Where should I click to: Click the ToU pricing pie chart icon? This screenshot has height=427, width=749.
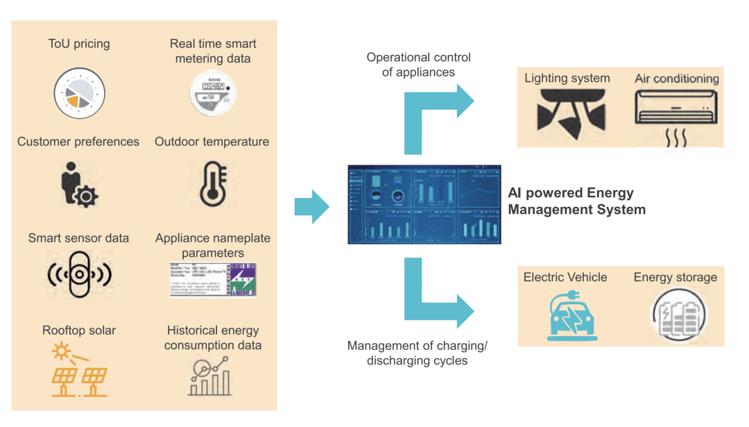click(x=79, y=94)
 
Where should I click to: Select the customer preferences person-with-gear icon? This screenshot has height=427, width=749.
click(x=78, y=185)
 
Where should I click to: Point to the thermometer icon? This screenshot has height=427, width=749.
click(x=212, y=184)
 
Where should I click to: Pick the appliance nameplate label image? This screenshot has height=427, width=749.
click(x=213, y=279)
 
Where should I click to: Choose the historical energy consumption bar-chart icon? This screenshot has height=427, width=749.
click(x=213, y=375)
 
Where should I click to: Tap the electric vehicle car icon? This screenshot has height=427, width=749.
click(x=567, y=315)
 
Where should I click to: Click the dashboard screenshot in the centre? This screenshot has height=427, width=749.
click(x=424, y=204)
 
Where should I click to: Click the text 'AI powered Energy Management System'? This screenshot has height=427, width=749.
click(x=576, y=201)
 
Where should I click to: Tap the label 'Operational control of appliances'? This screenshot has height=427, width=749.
click(x=418, y=65)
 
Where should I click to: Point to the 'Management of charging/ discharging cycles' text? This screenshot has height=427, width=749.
click(x=417, y=353)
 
